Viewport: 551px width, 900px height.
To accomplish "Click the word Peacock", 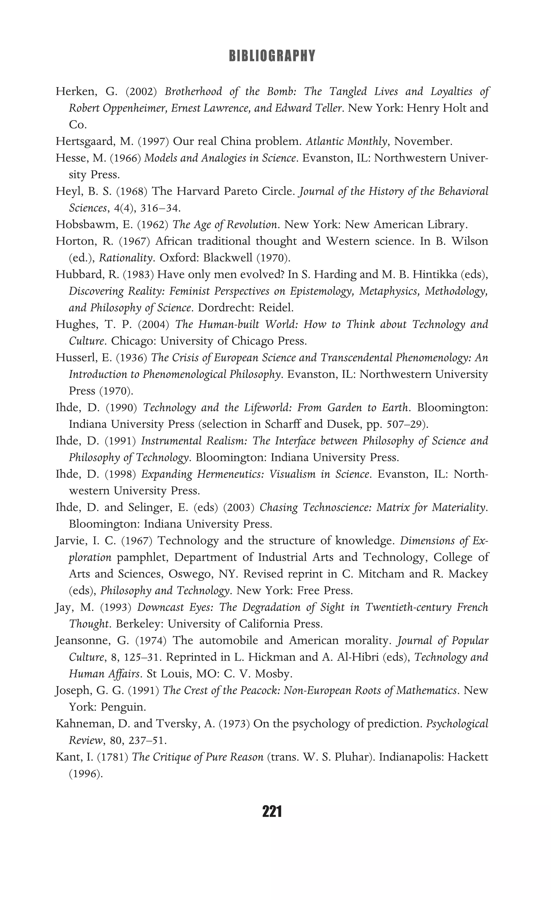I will tap(259, 691).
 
